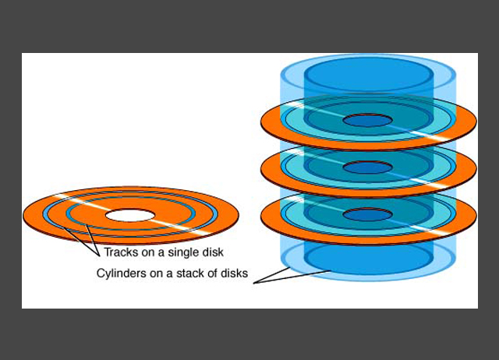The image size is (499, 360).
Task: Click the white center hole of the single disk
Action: pos(131,214)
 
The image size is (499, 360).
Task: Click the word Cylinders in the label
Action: pos(122,274)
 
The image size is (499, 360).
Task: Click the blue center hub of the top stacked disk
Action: pos(367,121)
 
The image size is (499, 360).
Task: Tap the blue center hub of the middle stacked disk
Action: pos(367,167)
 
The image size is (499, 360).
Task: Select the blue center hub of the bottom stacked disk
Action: pos(367,214)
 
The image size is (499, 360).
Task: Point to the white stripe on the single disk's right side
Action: pos(187,228)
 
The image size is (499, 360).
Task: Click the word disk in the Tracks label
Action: pos(212,252)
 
